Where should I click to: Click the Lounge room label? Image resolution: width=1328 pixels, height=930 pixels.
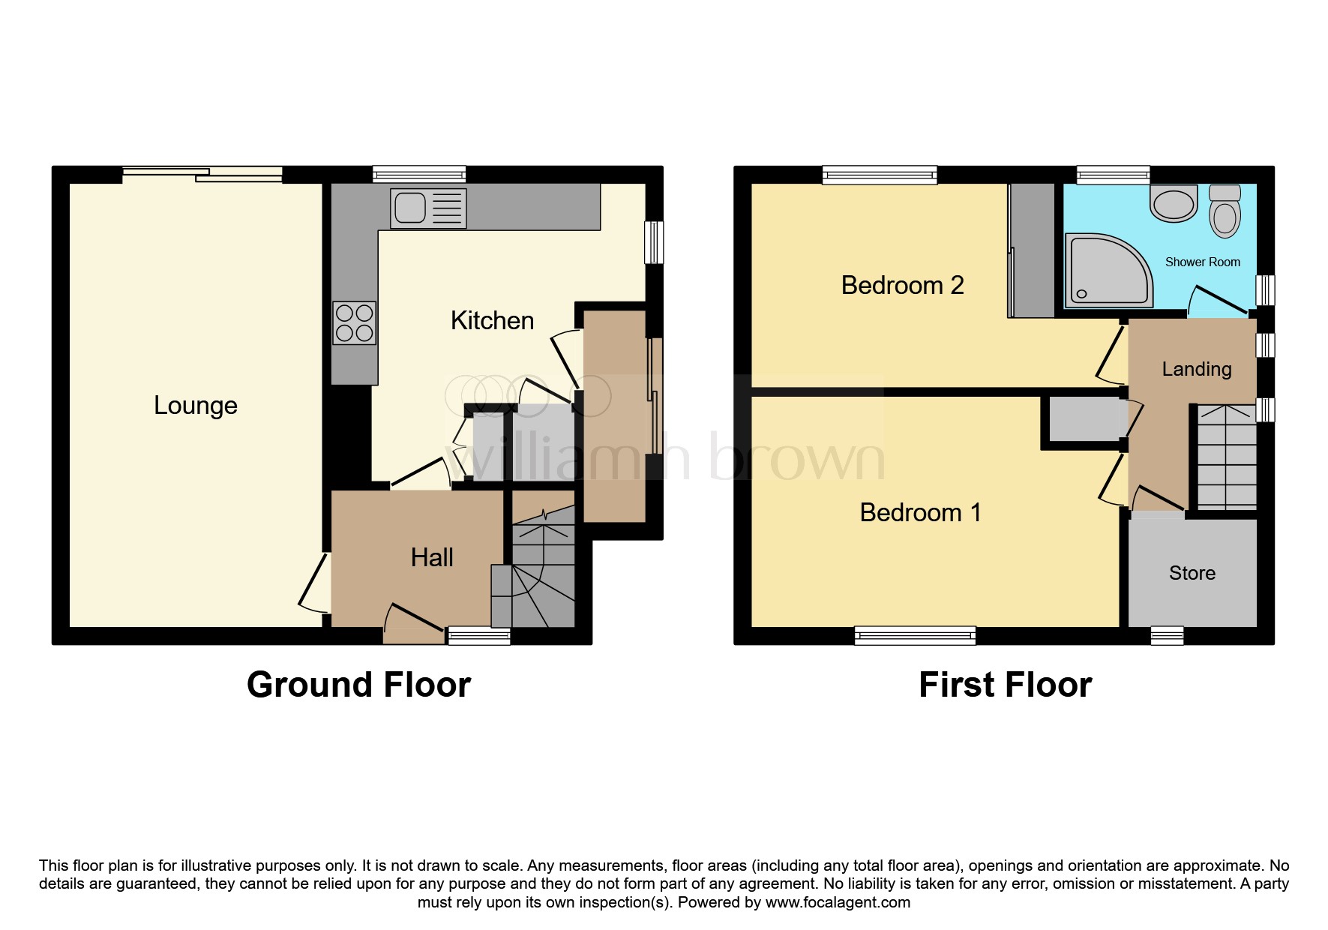coord(196,405)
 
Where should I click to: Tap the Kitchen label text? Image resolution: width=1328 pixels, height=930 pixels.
coord(492,320)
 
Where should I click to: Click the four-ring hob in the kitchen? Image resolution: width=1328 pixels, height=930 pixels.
coord(355,322)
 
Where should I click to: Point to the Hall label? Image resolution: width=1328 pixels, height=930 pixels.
coord(432,557)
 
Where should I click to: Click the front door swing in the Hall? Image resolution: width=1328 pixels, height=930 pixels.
coord(412,621)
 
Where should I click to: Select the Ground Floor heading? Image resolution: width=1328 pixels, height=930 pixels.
coord(358,685)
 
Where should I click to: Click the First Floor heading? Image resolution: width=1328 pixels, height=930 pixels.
coord(1005,685)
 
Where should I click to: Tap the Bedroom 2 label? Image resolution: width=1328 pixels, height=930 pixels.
coord(902,285)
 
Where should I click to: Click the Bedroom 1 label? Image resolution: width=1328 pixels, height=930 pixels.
coord(920,512)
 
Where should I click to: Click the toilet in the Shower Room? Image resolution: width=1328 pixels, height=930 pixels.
coord(1225,211)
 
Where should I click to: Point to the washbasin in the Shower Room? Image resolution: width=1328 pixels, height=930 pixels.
coord(1174,204)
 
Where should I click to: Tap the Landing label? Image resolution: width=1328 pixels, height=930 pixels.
coord(1196,369)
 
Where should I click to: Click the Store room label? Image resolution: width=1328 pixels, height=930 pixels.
coord(1192,573)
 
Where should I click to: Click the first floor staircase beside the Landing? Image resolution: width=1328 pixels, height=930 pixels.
coord(1225,457)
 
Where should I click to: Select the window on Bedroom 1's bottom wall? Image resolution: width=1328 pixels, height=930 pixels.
coord(915,636)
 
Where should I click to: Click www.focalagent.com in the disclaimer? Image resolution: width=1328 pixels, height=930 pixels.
coord(838,902)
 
